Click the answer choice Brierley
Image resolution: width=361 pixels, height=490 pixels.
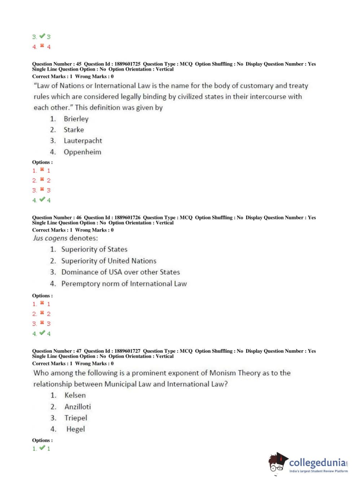[x=76, y=119]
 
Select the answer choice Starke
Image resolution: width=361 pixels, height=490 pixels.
[x=74, y=130]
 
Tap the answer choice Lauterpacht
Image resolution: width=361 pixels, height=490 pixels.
[x=83, y=141]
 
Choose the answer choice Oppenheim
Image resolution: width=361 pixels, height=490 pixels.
[x=82, y=152]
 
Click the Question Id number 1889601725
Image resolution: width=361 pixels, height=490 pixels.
[x=127, y=64]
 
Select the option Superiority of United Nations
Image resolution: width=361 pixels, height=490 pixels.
[x=109, y=261]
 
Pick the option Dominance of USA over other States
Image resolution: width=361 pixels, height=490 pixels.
[x=120, y=272]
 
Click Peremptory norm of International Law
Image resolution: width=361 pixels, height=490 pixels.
[x=124, y=284]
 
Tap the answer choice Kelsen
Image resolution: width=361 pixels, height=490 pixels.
[x=75, y=395]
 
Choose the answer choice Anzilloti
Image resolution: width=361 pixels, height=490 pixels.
[x=78, y=407]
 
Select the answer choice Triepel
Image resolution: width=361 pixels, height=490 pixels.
[x=76, y=418]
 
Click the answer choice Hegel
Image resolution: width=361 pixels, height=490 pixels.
[x=75, y=429]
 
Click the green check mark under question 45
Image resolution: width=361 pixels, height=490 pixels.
[x=42, y=199]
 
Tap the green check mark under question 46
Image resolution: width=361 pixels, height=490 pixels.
[x=42, y=333]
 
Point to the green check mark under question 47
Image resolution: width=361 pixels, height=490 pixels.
[x=42, y=448]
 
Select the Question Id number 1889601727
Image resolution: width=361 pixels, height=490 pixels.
[x=127, y=351]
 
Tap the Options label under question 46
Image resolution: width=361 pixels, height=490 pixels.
[x=42, y=296]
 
